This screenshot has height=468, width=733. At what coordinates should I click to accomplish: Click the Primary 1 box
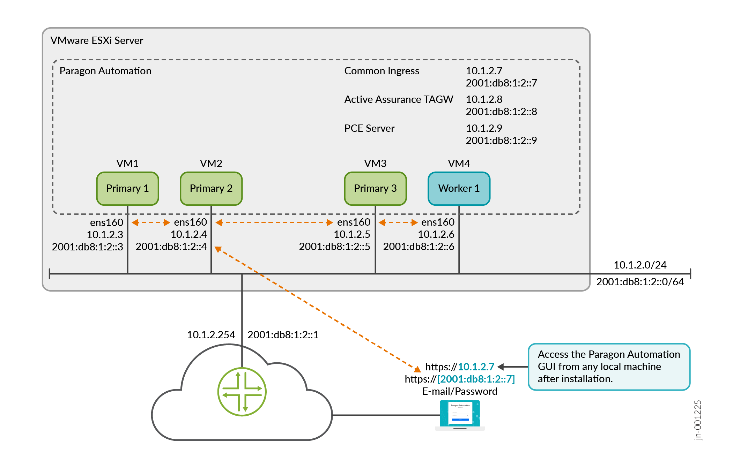[x=127, y=188]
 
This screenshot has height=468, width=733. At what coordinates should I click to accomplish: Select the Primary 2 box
[x=211, y=188]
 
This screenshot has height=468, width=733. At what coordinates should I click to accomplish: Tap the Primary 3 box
[x=375, y=188]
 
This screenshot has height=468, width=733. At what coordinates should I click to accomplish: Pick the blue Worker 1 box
[x=459, y=188]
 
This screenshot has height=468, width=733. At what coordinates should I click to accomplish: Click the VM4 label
[x=459, y=164]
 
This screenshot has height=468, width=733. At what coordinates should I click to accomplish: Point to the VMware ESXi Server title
[x=97, y=40]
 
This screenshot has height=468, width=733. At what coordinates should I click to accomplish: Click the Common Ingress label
[x=382, y=71]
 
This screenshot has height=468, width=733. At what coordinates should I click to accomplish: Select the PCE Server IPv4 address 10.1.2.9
[x=484, y=128]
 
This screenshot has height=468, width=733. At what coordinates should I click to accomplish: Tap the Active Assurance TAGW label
[x=399, y=99]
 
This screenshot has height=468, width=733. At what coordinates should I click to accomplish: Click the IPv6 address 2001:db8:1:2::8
[x=501, y=112]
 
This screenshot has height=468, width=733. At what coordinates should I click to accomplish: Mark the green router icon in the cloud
[x=242, y=392]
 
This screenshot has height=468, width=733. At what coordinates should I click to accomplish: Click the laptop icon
[x=460, y=415]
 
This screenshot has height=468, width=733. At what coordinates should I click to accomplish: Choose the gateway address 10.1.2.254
[x=211, y=335]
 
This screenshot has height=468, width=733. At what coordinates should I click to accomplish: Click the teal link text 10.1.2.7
[x=476, y=367]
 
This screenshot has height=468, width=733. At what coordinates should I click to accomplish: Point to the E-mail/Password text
[x=460, y=391]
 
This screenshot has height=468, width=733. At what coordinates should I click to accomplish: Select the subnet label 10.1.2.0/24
[x=640, y=265]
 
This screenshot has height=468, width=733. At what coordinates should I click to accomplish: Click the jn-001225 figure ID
[x=697, y=420]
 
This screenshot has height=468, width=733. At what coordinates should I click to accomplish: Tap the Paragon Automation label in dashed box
[x=105, y=71]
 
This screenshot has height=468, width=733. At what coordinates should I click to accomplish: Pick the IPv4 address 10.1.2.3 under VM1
[x=105, y=234]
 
